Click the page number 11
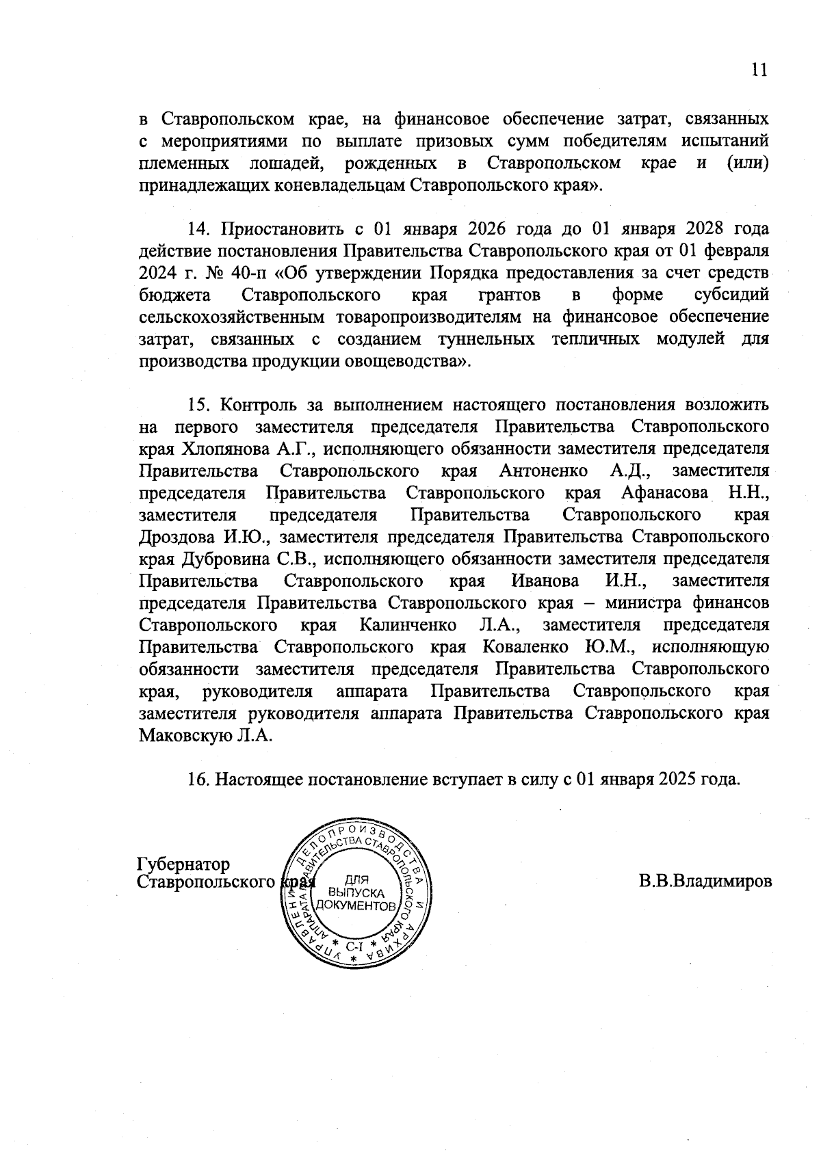[x=759, y=70]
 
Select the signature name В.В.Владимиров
[x=705, y=881]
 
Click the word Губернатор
[x=184, y=864]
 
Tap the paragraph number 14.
[x=198, y=228]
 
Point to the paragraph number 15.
[x=198, y=405]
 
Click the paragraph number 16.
[x=198, y=780]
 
